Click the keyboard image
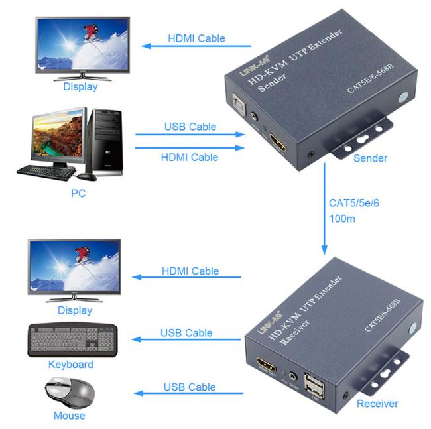74,341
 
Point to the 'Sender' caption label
370,158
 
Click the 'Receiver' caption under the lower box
377,404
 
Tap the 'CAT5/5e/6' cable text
353,202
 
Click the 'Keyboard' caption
71,365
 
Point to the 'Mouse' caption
70,416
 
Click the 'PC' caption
78,194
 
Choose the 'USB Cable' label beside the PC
190,127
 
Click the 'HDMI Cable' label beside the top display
196,38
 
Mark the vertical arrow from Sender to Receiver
325,209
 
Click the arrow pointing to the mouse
188,394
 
